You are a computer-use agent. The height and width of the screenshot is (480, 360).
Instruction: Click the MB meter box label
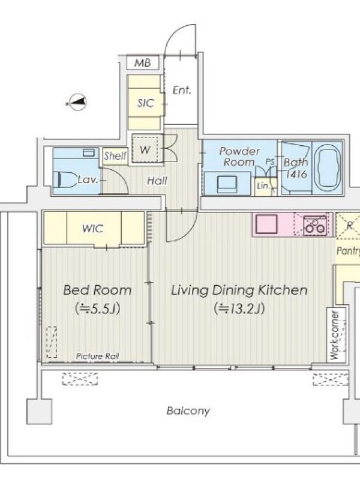tap(143, 63)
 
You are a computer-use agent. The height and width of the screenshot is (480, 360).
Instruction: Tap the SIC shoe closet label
tap(145, 103)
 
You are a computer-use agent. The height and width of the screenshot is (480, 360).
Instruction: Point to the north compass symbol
tap(77, 102)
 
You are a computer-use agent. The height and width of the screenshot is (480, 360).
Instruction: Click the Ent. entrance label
tap(182, 91)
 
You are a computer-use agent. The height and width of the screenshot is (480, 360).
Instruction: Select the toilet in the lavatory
tap(66, 179)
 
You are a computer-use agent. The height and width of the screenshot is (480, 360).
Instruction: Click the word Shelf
tap(115, 156)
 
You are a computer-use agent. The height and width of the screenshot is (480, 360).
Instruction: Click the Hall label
tap(157, 181)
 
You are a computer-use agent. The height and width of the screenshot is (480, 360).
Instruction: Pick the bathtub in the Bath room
tap(327, 167)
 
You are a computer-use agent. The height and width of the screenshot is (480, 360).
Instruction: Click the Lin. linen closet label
tap(263, 185)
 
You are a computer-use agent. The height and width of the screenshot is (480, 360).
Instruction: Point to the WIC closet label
tap(93, 229)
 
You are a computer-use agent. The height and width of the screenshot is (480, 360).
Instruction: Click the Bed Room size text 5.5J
tap(97, 308)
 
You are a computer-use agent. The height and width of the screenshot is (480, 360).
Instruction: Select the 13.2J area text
tap(239, 308)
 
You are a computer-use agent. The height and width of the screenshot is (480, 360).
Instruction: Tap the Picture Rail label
tap(97, 356)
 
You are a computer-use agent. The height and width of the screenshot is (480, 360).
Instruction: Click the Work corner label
tap(335, 335)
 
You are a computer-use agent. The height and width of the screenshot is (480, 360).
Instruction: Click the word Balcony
tap(188, 410)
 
